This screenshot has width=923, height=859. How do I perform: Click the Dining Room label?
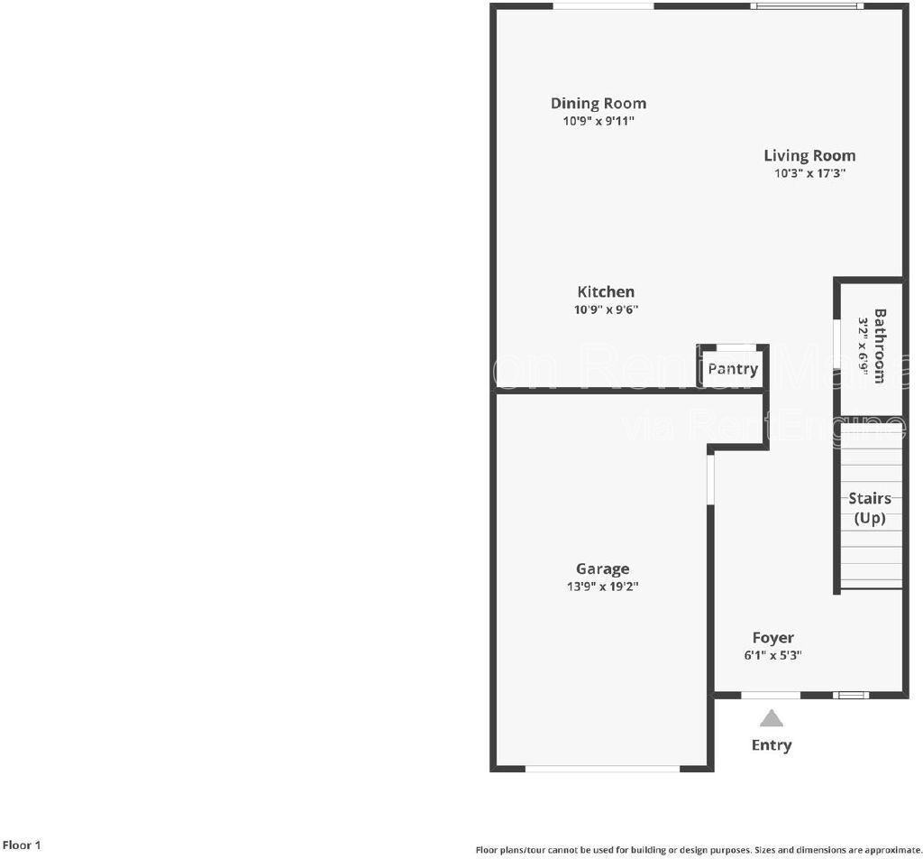(x=599, y=103)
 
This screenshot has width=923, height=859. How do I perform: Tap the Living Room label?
(x=809, y=155)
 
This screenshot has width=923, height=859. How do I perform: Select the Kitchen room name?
(x=606, y=291)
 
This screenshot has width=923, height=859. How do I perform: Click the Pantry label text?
(x=733, y=369)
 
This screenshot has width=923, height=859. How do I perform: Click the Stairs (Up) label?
(x=870, y=508)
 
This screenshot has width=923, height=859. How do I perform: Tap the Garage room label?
(x=603, y=568)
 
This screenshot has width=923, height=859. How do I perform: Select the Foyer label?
(x=773, y=638)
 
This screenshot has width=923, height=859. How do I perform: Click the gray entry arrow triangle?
(x=771, y=718)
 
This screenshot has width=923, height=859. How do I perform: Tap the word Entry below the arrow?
(x=772, y=744)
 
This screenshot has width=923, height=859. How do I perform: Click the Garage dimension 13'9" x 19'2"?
(x=603, y=587)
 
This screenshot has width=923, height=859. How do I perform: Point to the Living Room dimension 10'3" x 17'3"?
(x=809, y=173)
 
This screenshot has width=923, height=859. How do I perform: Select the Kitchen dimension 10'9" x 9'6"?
(x=606, y=309)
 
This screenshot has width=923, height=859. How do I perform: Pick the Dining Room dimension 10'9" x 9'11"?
(x=599, y=121)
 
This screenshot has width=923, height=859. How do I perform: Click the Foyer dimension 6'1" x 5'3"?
(x=773, y=656)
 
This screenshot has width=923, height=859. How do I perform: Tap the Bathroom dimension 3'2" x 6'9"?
(x=863, y=346)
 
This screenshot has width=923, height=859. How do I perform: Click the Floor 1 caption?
(x=21, y=845)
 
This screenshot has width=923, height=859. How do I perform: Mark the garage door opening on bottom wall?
(x=602, y=769)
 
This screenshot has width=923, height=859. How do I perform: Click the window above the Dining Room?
(x=603, y=6)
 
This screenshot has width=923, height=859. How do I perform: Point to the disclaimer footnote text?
(x=699, y=850)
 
